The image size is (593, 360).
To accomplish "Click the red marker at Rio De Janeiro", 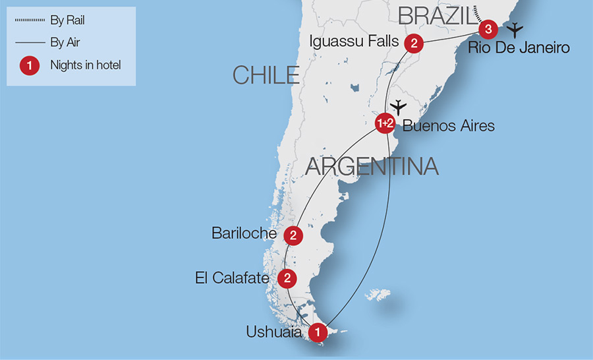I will point(487,29).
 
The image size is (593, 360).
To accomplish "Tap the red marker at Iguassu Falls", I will point(413,44).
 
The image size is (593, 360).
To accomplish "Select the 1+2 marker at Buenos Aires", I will point(385,123).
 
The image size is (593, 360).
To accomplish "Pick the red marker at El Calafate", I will point(287,278).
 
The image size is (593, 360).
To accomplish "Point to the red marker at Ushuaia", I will point(318,332).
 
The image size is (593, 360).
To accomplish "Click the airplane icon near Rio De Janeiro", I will point(515,30).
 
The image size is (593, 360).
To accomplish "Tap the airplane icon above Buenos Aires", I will point(398,107).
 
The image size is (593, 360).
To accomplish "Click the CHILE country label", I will point(266,75).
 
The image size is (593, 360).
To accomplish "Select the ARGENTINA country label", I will point(372,166).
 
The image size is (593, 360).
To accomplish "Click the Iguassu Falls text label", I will point(354,42).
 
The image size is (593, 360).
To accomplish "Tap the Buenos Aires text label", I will point(448,125).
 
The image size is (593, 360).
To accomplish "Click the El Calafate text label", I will point(231,278).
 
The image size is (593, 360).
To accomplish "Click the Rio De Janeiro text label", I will point(518,48).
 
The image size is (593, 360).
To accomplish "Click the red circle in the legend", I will point(27,65).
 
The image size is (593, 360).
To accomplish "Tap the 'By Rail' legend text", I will point(67,20).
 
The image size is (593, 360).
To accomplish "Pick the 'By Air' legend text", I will point(65,42).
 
